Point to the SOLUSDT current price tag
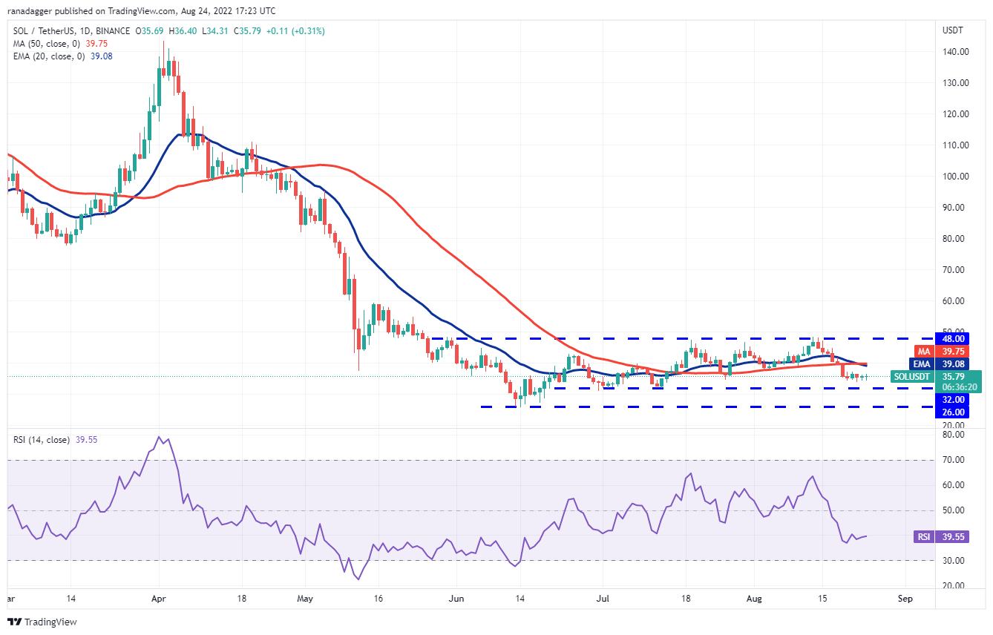click(x=912, y=377)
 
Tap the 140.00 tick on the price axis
click(x=954, y=52)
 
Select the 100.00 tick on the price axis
click(x=954, y=177)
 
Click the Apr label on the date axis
click(x=157, y=597)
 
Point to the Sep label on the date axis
click(x=904, y=597)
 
